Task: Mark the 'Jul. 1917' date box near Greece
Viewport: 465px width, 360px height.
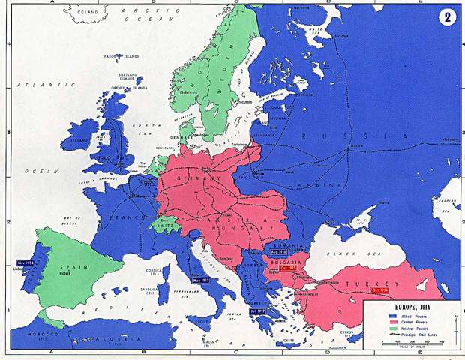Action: tap(258, 310)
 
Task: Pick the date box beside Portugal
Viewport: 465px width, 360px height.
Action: tap(25, 263)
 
